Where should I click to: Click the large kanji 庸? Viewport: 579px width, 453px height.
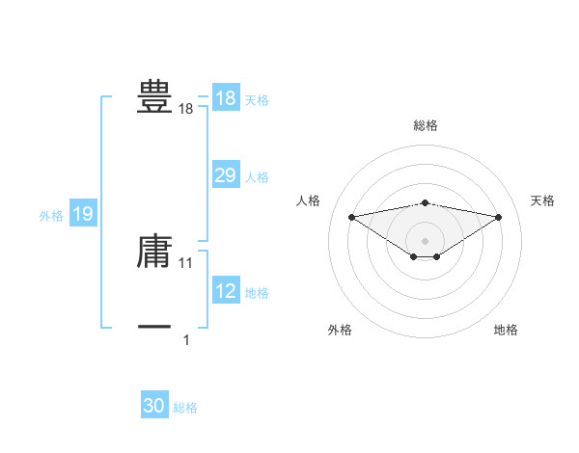[x=154, y=251]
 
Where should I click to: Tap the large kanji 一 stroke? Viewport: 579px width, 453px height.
[x=154, y=328]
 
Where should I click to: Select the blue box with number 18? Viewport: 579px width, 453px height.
[x=225, y=98]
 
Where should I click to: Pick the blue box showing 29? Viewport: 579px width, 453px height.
[x=225, y=175]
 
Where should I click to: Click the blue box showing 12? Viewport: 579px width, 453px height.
[x=225, y=291]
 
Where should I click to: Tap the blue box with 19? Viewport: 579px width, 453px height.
[x=83, y=214]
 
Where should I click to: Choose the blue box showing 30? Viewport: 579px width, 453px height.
[x=154, y=406]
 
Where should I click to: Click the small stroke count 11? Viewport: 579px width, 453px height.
[x=186, y=262]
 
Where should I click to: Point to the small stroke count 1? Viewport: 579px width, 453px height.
[x=186, y=339]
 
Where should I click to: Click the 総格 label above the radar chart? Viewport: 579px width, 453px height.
[x=425, y=125]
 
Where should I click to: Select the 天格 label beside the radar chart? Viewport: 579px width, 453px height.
[x=543, y=200]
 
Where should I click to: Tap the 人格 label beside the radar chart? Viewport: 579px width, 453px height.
[x=308, y=200]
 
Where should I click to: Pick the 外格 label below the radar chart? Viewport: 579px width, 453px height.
[x=340, y=330]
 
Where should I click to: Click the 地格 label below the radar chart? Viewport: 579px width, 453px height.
[x=506, y=330]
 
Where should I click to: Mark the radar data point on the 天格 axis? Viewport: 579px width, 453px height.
[x=499, y=217]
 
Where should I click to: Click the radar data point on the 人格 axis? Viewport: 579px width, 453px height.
[x=351, y=217]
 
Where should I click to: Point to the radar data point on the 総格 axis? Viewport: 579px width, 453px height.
[x=425, y=202]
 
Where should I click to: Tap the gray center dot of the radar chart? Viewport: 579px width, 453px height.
[x=425, y=240]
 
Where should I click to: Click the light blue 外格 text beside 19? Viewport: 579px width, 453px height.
[x=51, y=216]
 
